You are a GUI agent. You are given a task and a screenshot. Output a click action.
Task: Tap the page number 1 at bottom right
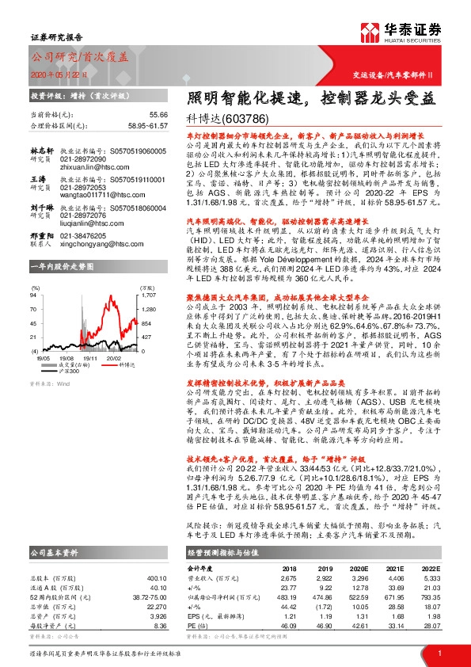click(x=439, y=653)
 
